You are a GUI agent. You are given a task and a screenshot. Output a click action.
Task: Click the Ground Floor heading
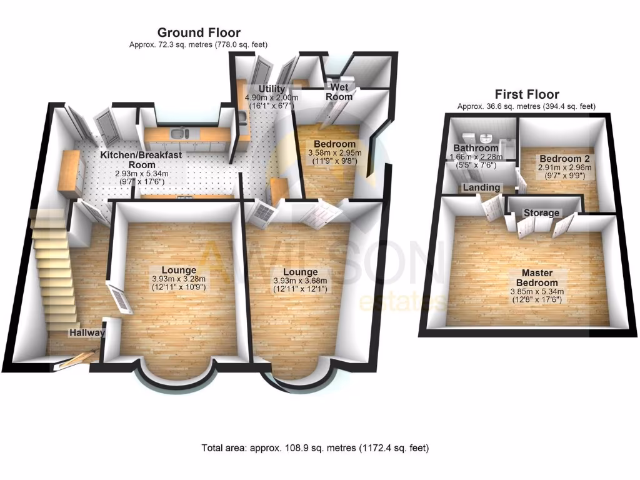pos(198,32)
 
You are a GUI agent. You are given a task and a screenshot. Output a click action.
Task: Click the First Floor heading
pos(526,94)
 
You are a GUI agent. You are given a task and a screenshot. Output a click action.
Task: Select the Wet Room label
pos(339,92)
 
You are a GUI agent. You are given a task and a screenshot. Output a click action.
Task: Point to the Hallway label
pos(87,332)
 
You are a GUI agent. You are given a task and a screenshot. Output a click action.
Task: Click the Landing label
pos(481,187)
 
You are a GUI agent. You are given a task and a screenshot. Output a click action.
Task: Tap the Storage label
pos(541,213)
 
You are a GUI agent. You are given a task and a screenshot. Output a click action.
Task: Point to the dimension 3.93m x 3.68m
pos(300,281)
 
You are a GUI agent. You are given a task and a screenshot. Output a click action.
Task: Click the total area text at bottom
pos(315,448)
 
